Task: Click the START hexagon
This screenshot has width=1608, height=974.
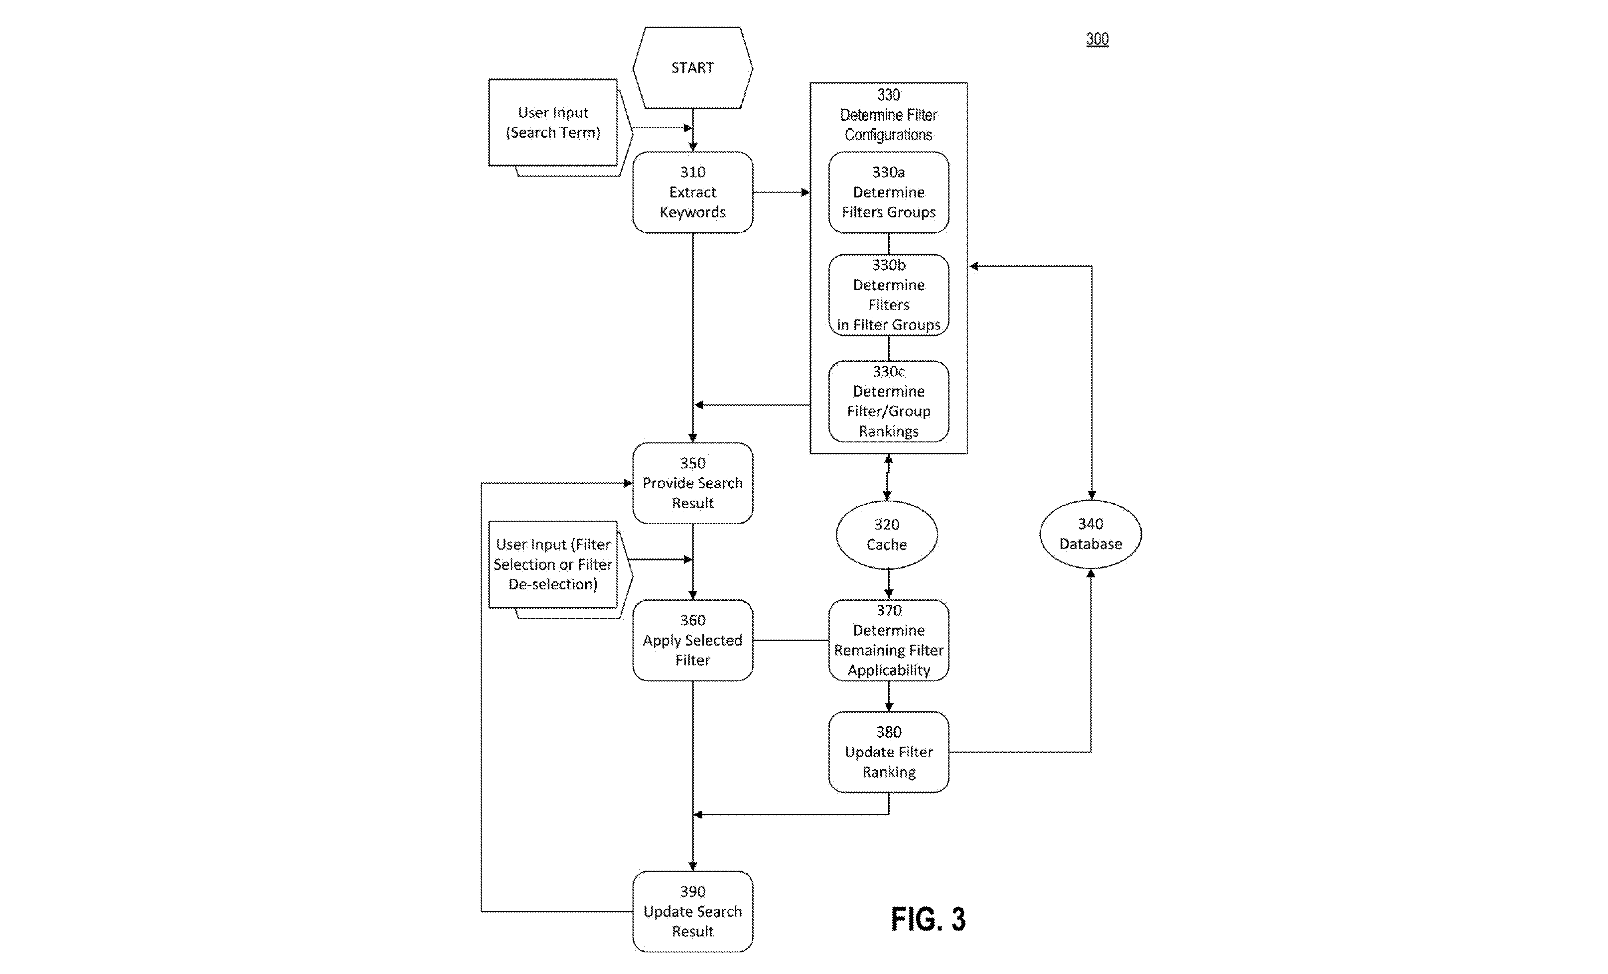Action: coord(692,68)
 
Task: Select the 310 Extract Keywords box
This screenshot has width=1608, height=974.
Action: coord(692,192)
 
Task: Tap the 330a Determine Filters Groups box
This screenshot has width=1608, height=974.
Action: coord(888,192)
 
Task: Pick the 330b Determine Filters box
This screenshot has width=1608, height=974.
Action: coord(888,295)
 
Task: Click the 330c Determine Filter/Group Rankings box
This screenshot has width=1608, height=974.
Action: coord(888,401)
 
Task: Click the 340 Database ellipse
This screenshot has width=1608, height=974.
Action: coord(1091,534)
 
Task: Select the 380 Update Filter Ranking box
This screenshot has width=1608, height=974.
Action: coord(888,752)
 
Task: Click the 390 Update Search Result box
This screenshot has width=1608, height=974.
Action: coord(692,912)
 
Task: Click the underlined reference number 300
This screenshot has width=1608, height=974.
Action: coord(1097,39)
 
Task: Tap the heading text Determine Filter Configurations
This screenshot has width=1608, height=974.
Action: coord(888,125)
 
